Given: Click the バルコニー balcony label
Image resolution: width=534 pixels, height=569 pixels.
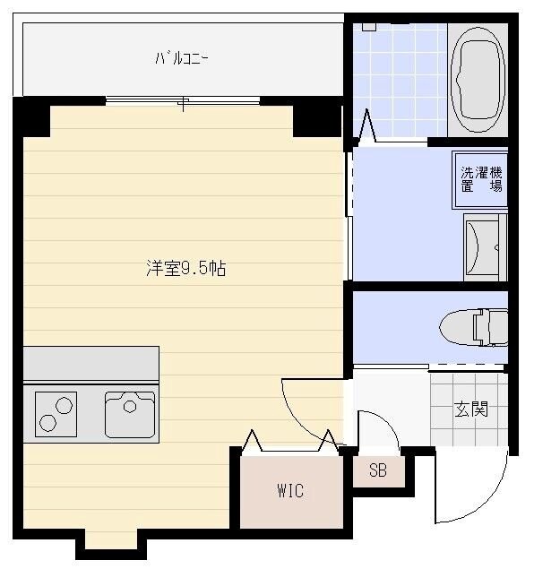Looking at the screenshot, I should click(x=181, y=60).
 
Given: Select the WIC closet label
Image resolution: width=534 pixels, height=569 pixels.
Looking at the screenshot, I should click(x=289, y=491).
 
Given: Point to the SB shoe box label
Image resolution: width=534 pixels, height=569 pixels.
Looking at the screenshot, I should click(x=378, y=470).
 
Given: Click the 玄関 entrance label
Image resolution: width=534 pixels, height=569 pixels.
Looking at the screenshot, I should click(x=470, y=410).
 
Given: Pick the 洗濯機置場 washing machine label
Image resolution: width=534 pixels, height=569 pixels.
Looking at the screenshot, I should click(x=481, y=179).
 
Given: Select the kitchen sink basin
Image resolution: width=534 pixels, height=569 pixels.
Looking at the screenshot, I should click(x=130, y=413).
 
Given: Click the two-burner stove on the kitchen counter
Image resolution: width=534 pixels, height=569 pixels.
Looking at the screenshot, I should click(x=56, y=413).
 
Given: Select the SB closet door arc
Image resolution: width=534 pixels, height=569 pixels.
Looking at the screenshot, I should click(x=381, y=428).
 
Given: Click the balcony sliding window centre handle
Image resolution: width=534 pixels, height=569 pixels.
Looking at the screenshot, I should click(x=181, y=104).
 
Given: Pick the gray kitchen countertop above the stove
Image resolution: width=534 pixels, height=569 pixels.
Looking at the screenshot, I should click(x=90, y=363).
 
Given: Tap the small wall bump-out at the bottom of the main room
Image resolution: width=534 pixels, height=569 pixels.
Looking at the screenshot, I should click(x=111, y=540).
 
